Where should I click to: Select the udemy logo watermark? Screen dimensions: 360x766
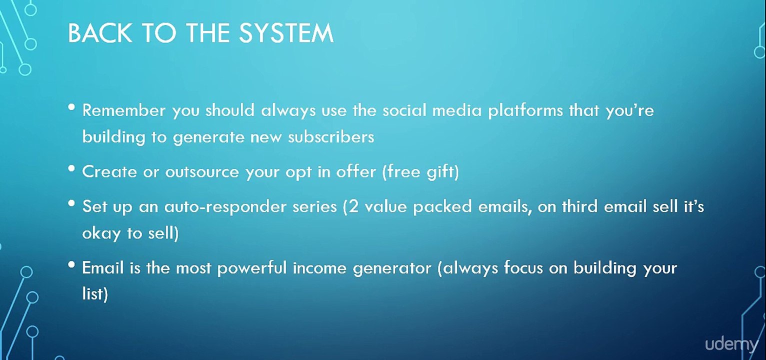coord(731,344)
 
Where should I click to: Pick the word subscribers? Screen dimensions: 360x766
coord(331,137)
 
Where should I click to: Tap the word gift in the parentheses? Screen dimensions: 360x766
coord(441,172)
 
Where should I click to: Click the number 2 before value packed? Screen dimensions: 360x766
coord(353,206)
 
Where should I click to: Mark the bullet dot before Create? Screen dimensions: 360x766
coord(72,168)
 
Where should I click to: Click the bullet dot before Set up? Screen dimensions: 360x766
coord(72,203)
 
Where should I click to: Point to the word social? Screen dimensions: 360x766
coord(404,110)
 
